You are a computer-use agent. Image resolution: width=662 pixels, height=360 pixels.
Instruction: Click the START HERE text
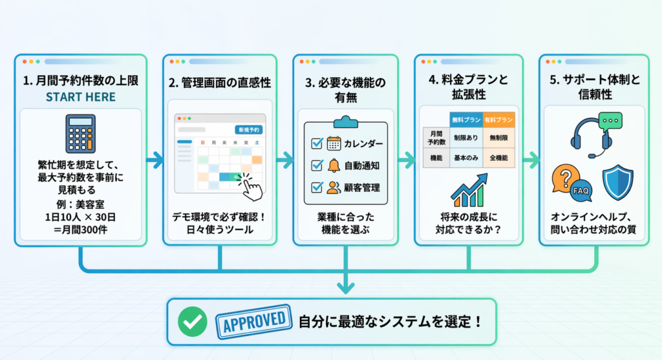pos(81,98)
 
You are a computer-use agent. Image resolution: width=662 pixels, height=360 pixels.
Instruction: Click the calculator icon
pos(81,135)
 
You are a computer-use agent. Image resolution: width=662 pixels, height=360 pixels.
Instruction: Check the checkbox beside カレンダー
pos(317,143)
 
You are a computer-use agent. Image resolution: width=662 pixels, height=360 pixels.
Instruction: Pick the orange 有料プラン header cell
pos(498,119)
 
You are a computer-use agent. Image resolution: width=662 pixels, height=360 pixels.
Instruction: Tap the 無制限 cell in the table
pos(498,138)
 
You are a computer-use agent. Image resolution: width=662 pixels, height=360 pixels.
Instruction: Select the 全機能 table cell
pos(498,158)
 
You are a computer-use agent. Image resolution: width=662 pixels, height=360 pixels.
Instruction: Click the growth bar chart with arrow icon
pos(470,191)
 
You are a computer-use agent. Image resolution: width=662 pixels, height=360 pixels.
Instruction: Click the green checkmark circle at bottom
pos(192,321)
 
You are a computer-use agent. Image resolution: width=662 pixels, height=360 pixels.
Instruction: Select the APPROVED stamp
pos(254,320)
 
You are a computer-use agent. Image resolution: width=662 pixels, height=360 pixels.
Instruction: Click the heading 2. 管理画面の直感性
pos(220,83)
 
